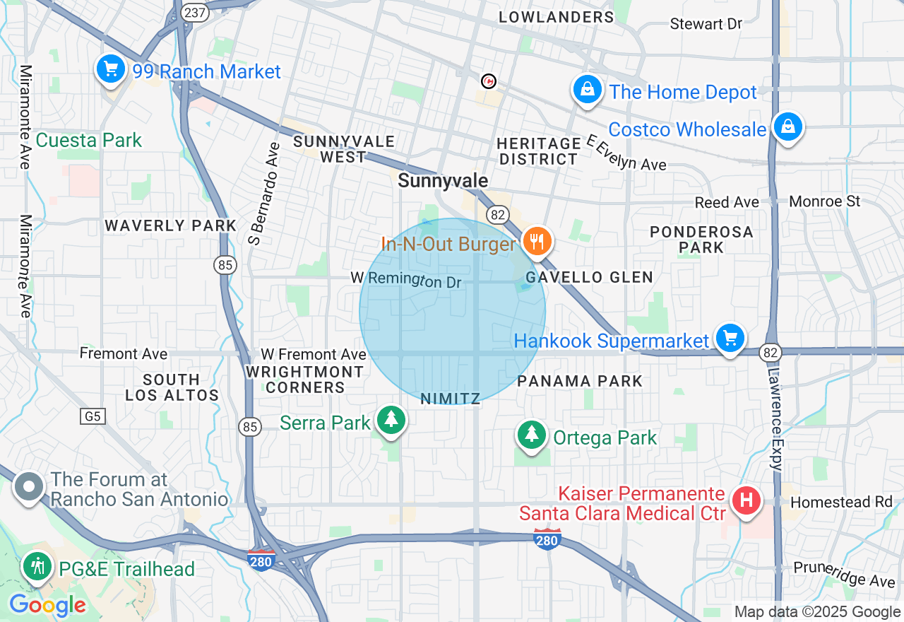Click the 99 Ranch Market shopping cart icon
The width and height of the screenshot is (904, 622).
point(110,69)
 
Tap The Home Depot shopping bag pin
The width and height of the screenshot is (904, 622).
point(587,90)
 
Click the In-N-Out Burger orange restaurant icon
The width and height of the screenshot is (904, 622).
point(537,242)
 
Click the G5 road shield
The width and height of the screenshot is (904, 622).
point(93,416)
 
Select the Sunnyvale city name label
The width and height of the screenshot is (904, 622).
point(443,181)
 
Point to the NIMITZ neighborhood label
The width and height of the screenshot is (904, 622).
point(450,399)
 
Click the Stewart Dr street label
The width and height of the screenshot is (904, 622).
point(706,24)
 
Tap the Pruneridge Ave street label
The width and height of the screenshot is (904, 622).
point(844,574)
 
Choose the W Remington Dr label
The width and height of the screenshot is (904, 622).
point(406,280)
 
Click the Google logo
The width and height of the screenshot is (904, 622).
point(47,605)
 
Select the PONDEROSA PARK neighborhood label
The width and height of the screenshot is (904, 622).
point(701,240)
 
